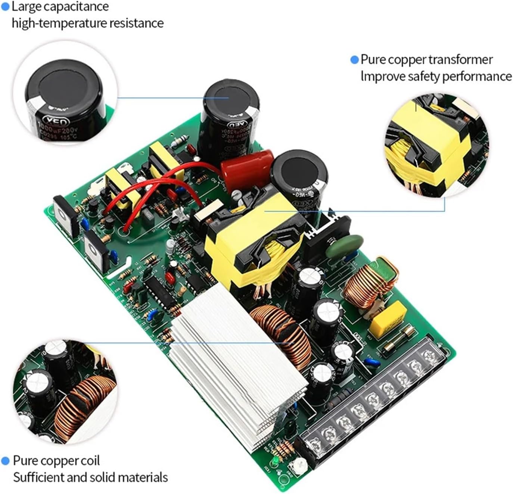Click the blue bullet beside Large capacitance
[5, 6]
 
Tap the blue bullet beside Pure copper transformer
[354, 60]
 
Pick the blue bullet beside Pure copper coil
[5, 461]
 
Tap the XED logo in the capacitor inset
[56, 122]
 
